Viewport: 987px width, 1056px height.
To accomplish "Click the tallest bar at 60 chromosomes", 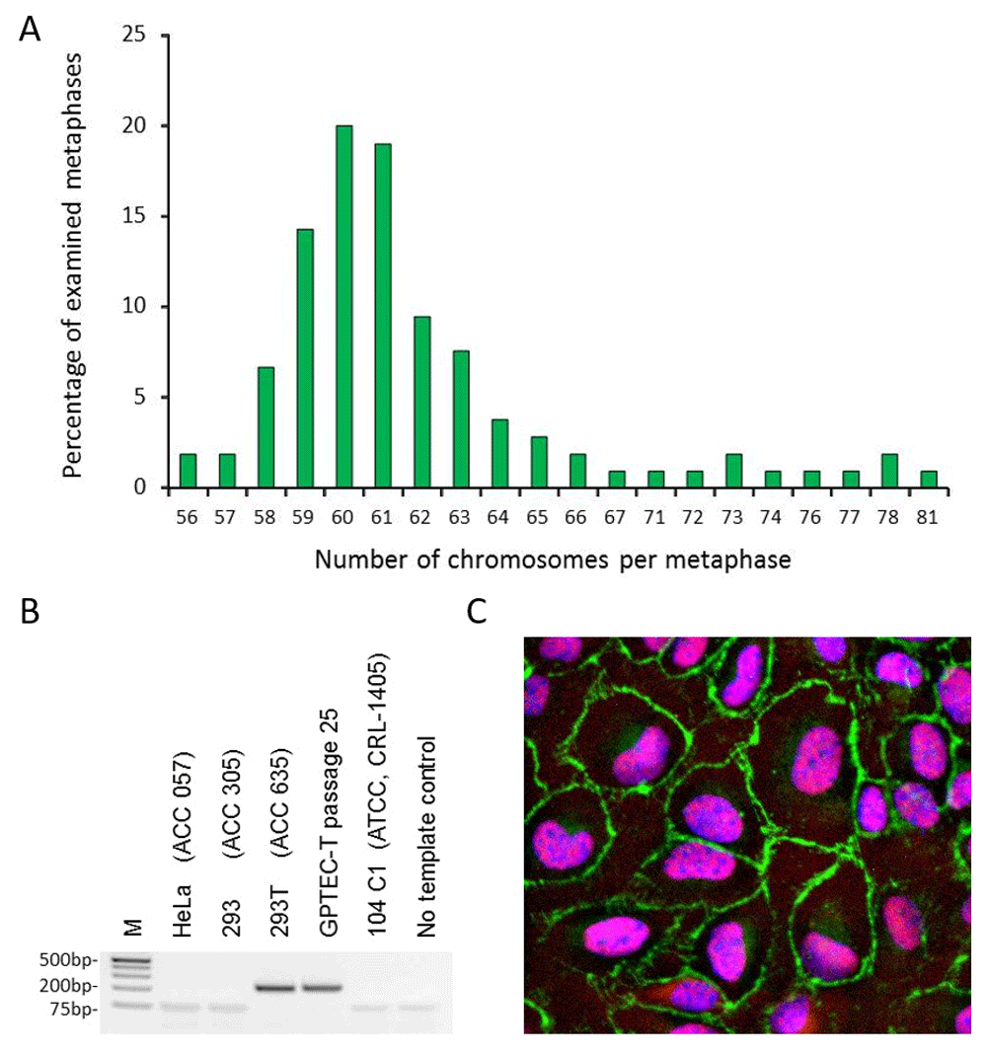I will coord(343,307).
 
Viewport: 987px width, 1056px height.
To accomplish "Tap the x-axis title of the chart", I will coord(553,560).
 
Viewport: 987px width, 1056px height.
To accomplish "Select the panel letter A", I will coord(31,30).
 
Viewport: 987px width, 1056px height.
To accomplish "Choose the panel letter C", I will coord(478,614).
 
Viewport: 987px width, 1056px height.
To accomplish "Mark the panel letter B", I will coord(31,614).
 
